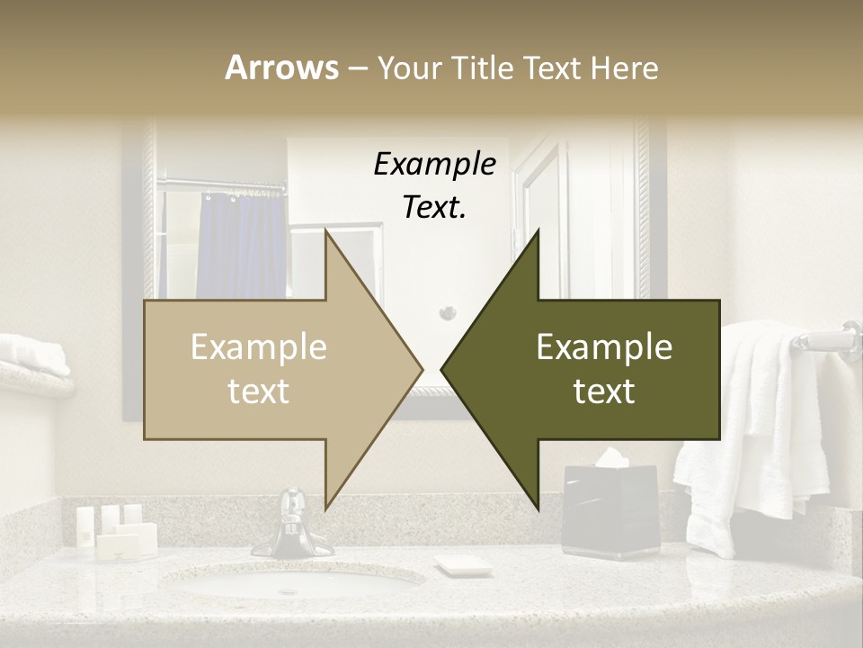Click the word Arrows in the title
[281, 67]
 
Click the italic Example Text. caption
[434, 185]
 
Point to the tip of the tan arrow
[421, 369]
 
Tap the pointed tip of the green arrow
[443, 369]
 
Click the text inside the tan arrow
[259, 369]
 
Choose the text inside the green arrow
[604, 369]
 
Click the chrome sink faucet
[292, 526]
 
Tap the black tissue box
[609, 508]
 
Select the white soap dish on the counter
[464, 565]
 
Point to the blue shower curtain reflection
[238, 243]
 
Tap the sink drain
[289, 591]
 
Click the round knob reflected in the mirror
[448, 313]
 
